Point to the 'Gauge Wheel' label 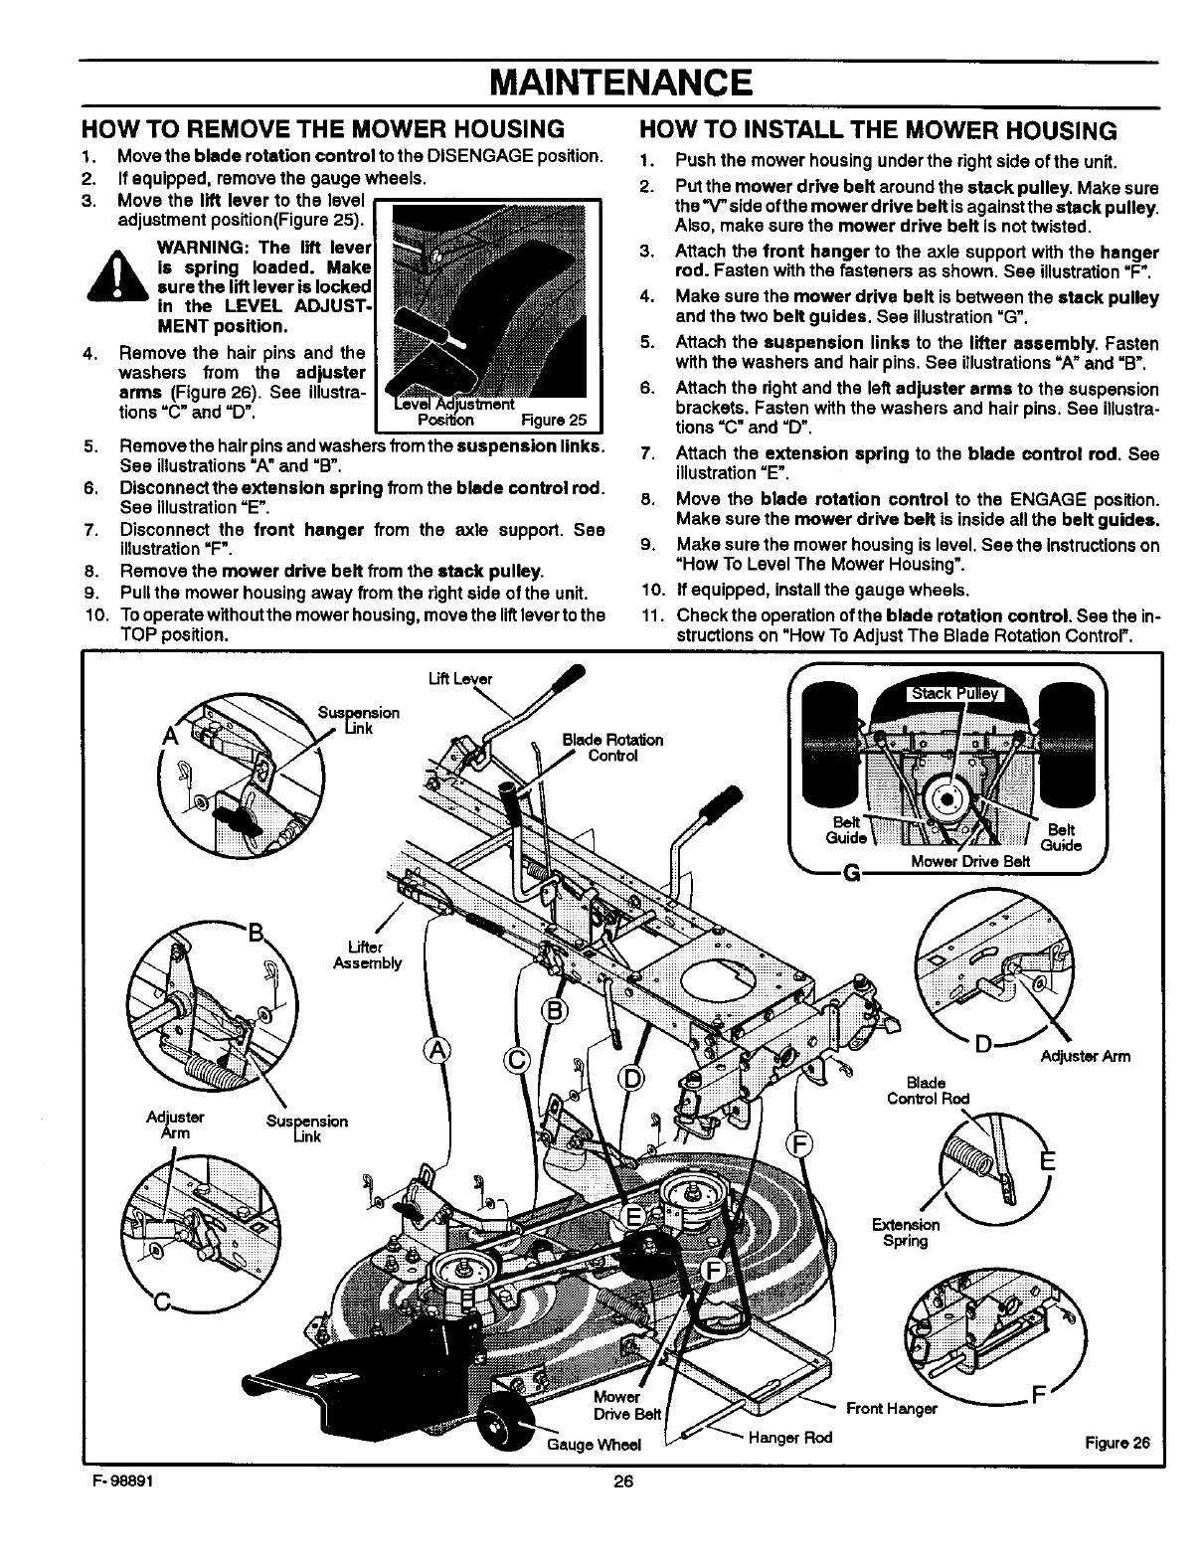pos(595,1444)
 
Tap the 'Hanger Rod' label pos(789,1438)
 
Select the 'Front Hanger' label pos(891,1408)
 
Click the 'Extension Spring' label pos(905,1233)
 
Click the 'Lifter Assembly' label pos(367,955)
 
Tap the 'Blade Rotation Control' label pos(612,747)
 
